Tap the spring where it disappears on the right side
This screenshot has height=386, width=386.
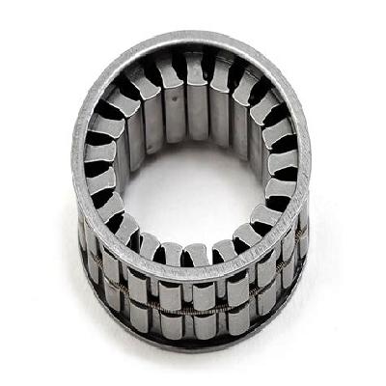pos(289,285)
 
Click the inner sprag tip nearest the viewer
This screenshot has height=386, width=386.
pos(193,253)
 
